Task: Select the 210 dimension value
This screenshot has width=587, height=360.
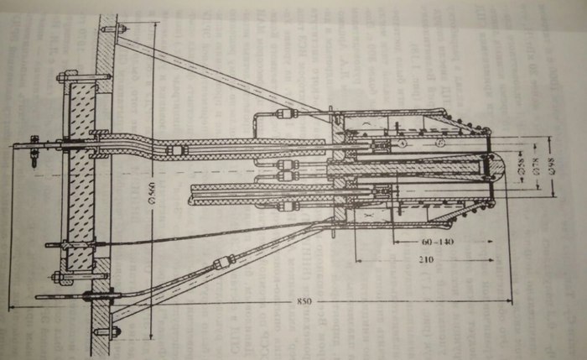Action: click(x=428, y=261)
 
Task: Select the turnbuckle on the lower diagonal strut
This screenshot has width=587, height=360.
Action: click(x=223, y=263)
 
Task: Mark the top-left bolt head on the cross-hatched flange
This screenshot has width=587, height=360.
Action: click(x=61, y=77)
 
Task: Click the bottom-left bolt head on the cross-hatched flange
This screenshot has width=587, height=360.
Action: click(x=57, y=276)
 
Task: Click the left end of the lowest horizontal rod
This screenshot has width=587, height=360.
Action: click(x=38, y=296)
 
